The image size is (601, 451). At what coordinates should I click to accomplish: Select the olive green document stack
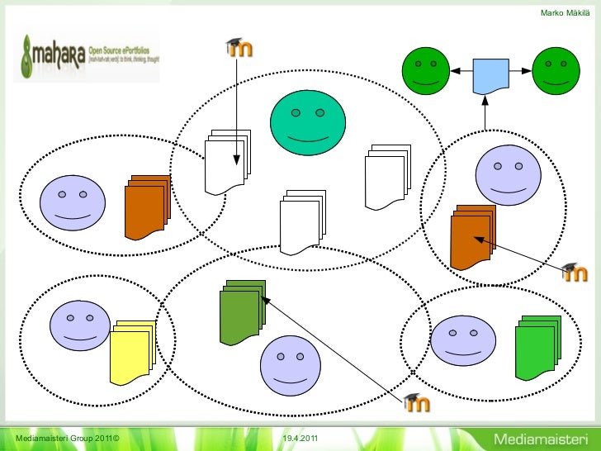tap(241, 312)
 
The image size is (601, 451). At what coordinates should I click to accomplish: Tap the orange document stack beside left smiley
tap(146, 207)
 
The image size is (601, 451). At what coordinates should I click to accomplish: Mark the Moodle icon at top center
tap(239, 49)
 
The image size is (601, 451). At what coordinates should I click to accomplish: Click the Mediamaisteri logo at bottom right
tap(539, 436)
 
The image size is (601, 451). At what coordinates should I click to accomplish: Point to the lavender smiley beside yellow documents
tap(80, 326)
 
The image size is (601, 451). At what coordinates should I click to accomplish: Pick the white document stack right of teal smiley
tap(386, 176)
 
